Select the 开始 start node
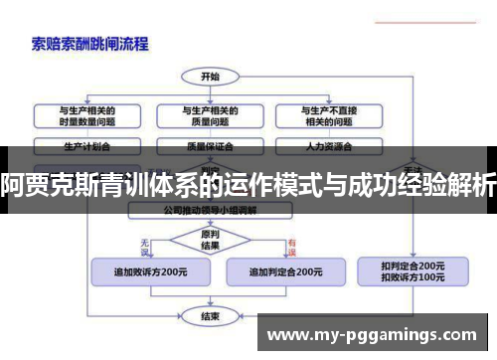point(211,76)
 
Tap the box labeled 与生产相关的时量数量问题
point(86,115)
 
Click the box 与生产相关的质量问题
point(210,115)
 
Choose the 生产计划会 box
point(86,145)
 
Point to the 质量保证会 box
point(210,145)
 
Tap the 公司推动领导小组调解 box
point(210,211)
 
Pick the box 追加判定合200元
point(284,271)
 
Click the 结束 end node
point(210,316)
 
